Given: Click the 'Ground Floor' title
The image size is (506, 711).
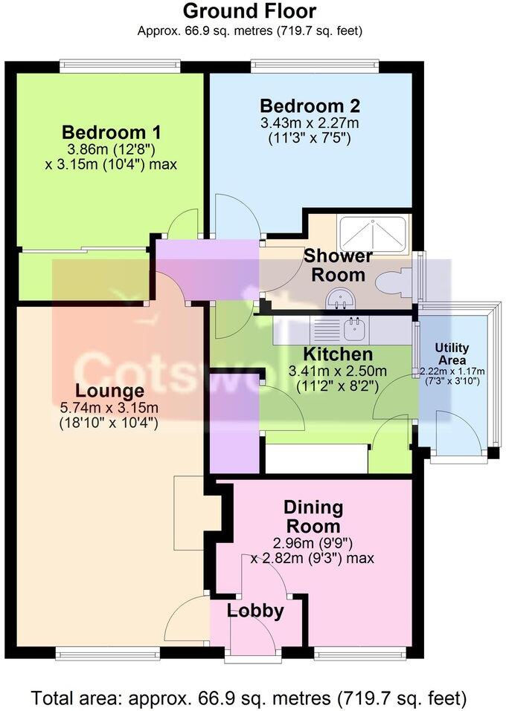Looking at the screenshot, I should [x=249, y=11].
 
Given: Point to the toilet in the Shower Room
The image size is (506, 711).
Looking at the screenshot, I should [x=390, y=282].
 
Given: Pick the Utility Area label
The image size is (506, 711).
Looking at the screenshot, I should [x=451, y=353].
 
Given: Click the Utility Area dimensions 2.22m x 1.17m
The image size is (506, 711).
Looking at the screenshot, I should [x=451, y=371].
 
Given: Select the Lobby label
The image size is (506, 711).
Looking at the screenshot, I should [x=255, y=611].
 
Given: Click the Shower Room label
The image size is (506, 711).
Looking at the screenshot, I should [x=339, y=265].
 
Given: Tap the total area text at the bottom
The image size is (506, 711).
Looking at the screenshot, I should [x=249, y=698].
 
